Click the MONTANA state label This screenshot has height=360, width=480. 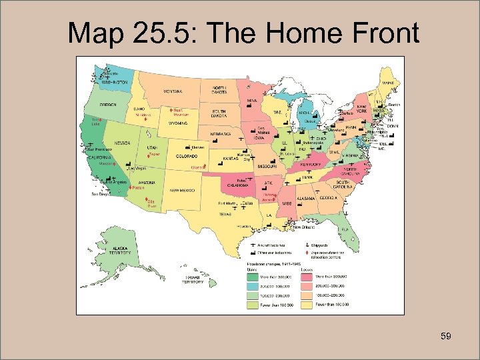173,91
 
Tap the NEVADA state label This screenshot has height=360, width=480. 122,143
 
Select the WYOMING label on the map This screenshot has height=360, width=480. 177,123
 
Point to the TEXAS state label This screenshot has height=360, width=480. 225,215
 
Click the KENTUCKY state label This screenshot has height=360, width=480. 311,164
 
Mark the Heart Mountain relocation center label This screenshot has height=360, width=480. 181,112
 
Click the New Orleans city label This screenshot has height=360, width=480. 304,227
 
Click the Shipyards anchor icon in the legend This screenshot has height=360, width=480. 307,246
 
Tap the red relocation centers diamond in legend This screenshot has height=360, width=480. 307,253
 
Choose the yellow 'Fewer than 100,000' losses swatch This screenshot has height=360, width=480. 307,304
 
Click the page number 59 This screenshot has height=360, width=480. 446,336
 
